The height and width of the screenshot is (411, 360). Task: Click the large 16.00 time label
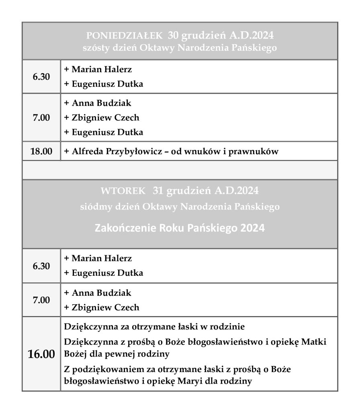pos(41,354)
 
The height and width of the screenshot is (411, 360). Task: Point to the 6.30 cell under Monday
pos(41,77)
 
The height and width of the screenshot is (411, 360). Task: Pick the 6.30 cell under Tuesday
pos(41,266)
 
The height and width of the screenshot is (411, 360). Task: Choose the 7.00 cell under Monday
pos(41,118)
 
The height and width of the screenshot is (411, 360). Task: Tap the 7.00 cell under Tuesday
pos(41,300)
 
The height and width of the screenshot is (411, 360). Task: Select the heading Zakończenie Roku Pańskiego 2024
pos(180,228)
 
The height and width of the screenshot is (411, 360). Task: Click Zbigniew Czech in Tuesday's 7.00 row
pos(105,308)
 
